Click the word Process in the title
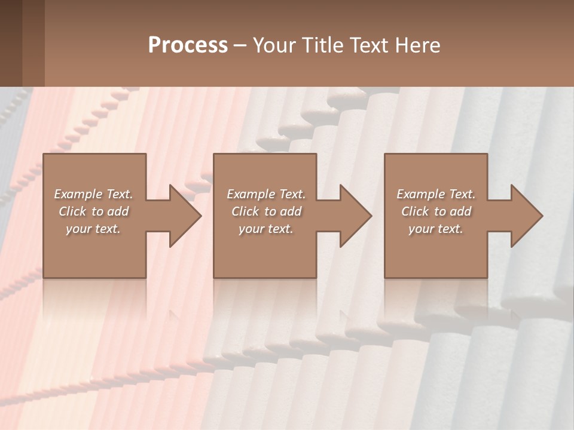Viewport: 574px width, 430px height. (x=188, y=45)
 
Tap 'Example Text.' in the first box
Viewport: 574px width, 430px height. (x=93, y=194)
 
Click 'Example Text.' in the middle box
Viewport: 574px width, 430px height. (x=266, y=194)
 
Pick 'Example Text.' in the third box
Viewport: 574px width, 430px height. (x=436, y=194)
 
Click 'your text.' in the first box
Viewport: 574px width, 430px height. (x=93, y=229)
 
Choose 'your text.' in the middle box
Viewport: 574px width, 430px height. (x=266, y=229)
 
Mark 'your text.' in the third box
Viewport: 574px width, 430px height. (x=436, y=229)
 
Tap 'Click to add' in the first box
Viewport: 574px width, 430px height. (x=93, y=211)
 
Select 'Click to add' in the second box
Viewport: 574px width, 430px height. (x=266, y=211)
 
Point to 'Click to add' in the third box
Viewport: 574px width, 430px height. (x=436, y=211)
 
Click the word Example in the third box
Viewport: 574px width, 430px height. (x=420, y=194)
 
